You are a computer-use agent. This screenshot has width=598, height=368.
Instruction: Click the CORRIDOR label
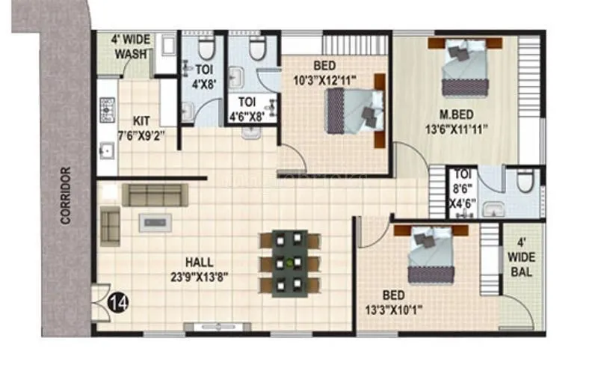click(x=65, y=196)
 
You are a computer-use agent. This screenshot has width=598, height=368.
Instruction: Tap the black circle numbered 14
click(x=116, y=303)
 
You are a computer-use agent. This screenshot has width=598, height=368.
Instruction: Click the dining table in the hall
click(x=289, y=263)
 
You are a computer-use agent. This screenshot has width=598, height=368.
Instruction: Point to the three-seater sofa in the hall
click(x=155, y=194)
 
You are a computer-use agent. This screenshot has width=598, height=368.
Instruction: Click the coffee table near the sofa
click(x=157, y=221)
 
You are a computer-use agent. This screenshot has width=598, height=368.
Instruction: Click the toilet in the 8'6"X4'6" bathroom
click(x=526, y=183)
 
